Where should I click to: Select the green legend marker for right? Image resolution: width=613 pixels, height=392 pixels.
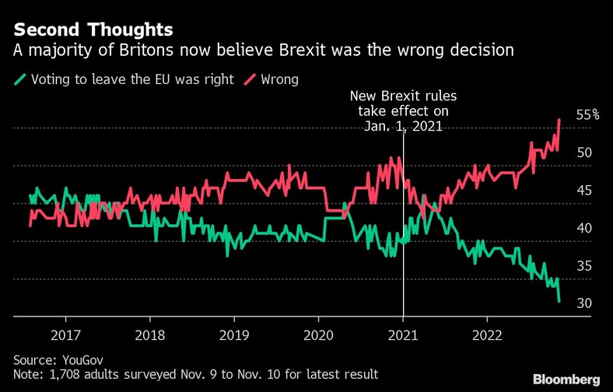[x=20, y=79]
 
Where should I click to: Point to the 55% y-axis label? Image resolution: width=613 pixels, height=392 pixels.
[x=587, y=114]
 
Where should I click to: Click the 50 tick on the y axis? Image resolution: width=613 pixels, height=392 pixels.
[x=583, y=152]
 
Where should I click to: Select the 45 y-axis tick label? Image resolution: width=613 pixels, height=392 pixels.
[x=583, y=191]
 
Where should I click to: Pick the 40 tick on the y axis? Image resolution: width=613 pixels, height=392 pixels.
[x=583, y=228]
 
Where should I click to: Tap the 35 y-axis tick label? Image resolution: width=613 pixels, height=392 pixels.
[x=583, y=266]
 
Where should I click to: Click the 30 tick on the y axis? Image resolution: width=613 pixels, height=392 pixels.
[x=583, y=303]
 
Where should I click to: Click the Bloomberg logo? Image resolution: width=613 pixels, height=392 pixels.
[x=566, y=379]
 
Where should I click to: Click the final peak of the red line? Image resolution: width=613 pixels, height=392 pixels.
[x=560, y=120]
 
